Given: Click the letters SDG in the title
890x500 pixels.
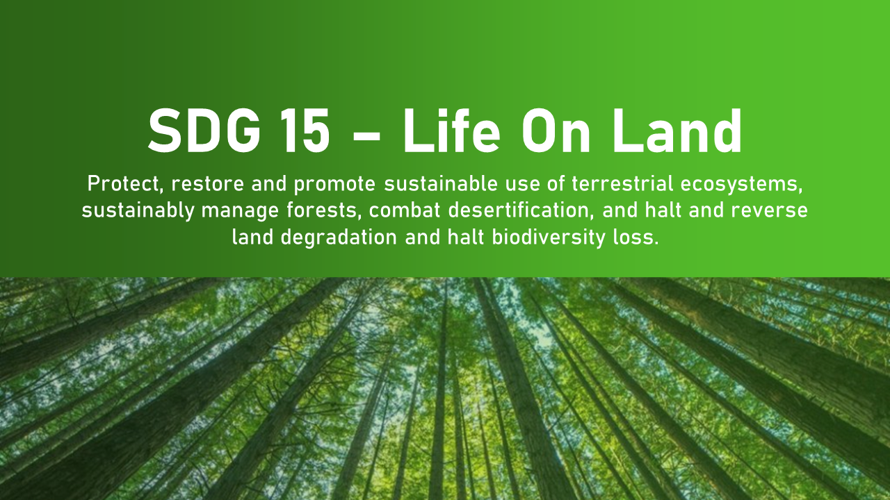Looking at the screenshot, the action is point(204,131).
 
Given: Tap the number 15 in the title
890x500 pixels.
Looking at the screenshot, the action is point(305,131).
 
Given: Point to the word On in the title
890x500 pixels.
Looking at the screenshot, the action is point(556,131).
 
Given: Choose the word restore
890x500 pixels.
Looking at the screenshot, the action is point(207,184).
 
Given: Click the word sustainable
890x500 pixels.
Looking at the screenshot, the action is point(441,184).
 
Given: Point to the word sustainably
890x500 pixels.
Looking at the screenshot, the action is point(138,210).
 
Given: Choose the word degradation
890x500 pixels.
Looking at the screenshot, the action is point(339,237).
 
